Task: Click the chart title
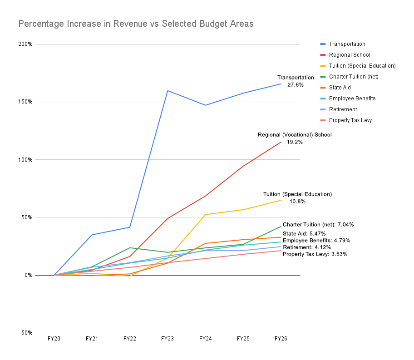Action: click(x=136, y=24)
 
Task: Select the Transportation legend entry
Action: click(x=347, y=44)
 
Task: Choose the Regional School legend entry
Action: click(x=350, y=55)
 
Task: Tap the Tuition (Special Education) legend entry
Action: click(x=362, y=66)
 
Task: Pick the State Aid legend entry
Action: click(x=340, y=88)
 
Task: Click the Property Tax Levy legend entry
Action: click(x=350, y=120)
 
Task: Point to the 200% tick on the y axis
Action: click(x=25, y=44)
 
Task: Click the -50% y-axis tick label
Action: click(x=25, y=333)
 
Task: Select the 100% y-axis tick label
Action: click(x=25, y=160)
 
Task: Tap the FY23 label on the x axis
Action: click(x=168, y=339)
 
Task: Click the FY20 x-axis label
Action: click(x=54, y=339)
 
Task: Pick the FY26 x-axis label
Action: click(x=281, y=339)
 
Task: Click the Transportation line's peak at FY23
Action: click(x=168, y=90)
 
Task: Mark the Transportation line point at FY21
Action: click(x=92, y=235)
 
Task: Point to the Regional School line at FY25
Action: click(x=243, y=166)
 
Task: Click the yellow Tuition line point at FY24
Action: click(x=205, y=215)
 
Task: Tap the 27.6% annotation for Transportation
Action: click(x=295, y=85)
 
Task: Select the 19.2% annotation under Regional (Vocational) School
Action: click(x=295, y=142)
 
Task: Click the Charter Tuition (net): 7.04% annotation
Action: click(x=318, y=224)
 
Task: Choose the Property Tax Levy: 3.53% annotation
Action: click(x=315, y=254)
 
